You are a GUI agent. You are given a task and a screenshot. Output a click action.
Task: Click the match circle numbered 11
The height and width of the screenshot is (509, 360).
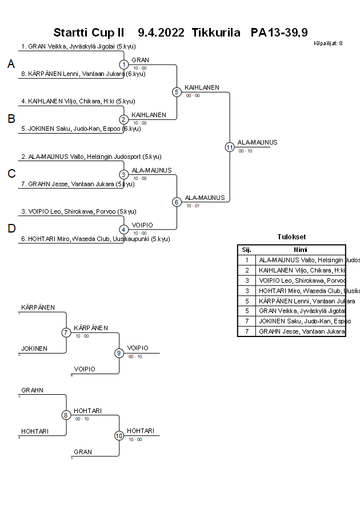click(x=230, y=147)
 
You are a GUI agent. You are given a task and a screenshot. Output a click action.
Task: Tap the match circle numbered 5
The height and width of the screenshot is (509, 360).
click(x=177, y=91)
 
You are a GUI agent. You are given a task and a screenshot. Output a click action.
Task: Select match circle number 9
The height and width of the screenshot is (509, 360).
click(x=119, y=353)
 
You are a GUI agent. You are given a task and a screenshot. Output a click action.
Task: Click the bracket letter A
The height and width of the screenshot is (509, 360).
click(x=11, y=65)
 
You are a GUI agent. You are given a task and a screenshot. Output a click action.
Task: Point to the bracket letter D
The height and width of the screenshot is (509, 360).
click(x=11, y=229)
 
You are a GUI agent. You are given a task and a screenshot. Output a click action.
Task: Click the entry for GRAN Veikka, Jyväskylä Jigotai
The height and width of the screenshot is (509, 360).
click(x=73, y=47)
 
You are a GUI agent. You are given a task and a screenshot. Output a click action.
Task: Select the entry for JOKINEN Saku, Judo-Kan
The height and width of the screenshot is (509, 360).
click(x=81, y=129)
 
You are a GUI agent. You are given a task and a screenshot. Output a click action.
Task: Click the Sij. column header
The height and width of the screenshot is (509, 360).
click(x=246, y=250)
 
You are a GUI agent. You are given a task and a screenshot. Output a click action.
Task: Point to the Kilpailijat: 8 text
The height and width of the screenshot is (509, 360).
click(x=328, y=43)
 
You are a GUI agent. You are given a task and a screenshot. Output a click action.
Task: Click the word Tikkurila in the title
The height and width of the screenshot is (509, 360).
click(x=216, y=33)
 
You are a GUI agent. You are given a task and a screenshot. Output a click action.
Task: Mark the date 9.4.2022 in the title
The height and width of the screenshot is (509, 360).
click(x=161, y=33)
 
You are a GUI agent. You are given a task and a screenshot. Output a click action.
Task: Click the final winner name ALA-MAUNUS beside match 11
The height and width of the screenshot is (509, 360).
click(x=257, y=142)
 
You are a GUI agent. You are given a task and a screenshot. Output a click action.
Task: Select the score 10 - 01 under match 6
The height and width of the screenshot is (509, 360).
click(x=193, y=206)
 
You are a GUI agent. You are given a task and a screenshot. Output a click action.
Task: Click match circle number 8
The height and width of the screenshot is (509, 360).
click(x=66, y=415)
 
